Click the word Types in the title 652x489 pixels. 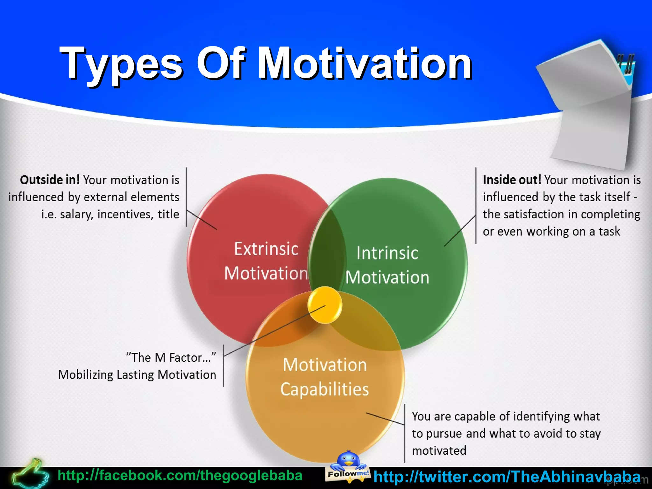point(121,64)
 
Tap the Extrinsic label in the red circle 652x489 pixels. point(266,249)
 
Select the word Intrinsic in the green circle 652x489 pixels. point(387,253)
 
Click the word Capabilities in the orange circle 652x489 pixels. point(324,389)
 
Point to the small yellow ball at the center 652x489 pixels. point(325,305)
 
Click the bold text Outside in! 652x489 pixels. point(50,180)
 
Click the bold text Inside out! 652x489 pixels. point(512,180)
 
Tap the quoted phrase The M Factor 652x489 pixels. point(171,358)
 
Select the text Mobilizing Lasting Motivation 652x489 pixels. point(137,375)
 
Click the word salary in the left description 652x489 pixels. point(76,214)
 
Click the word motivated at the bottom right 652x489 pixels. point(439,450)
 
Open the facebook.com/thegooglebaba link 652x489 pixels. point(180,476)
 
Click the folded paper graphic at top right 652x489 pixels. point(589,105)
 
